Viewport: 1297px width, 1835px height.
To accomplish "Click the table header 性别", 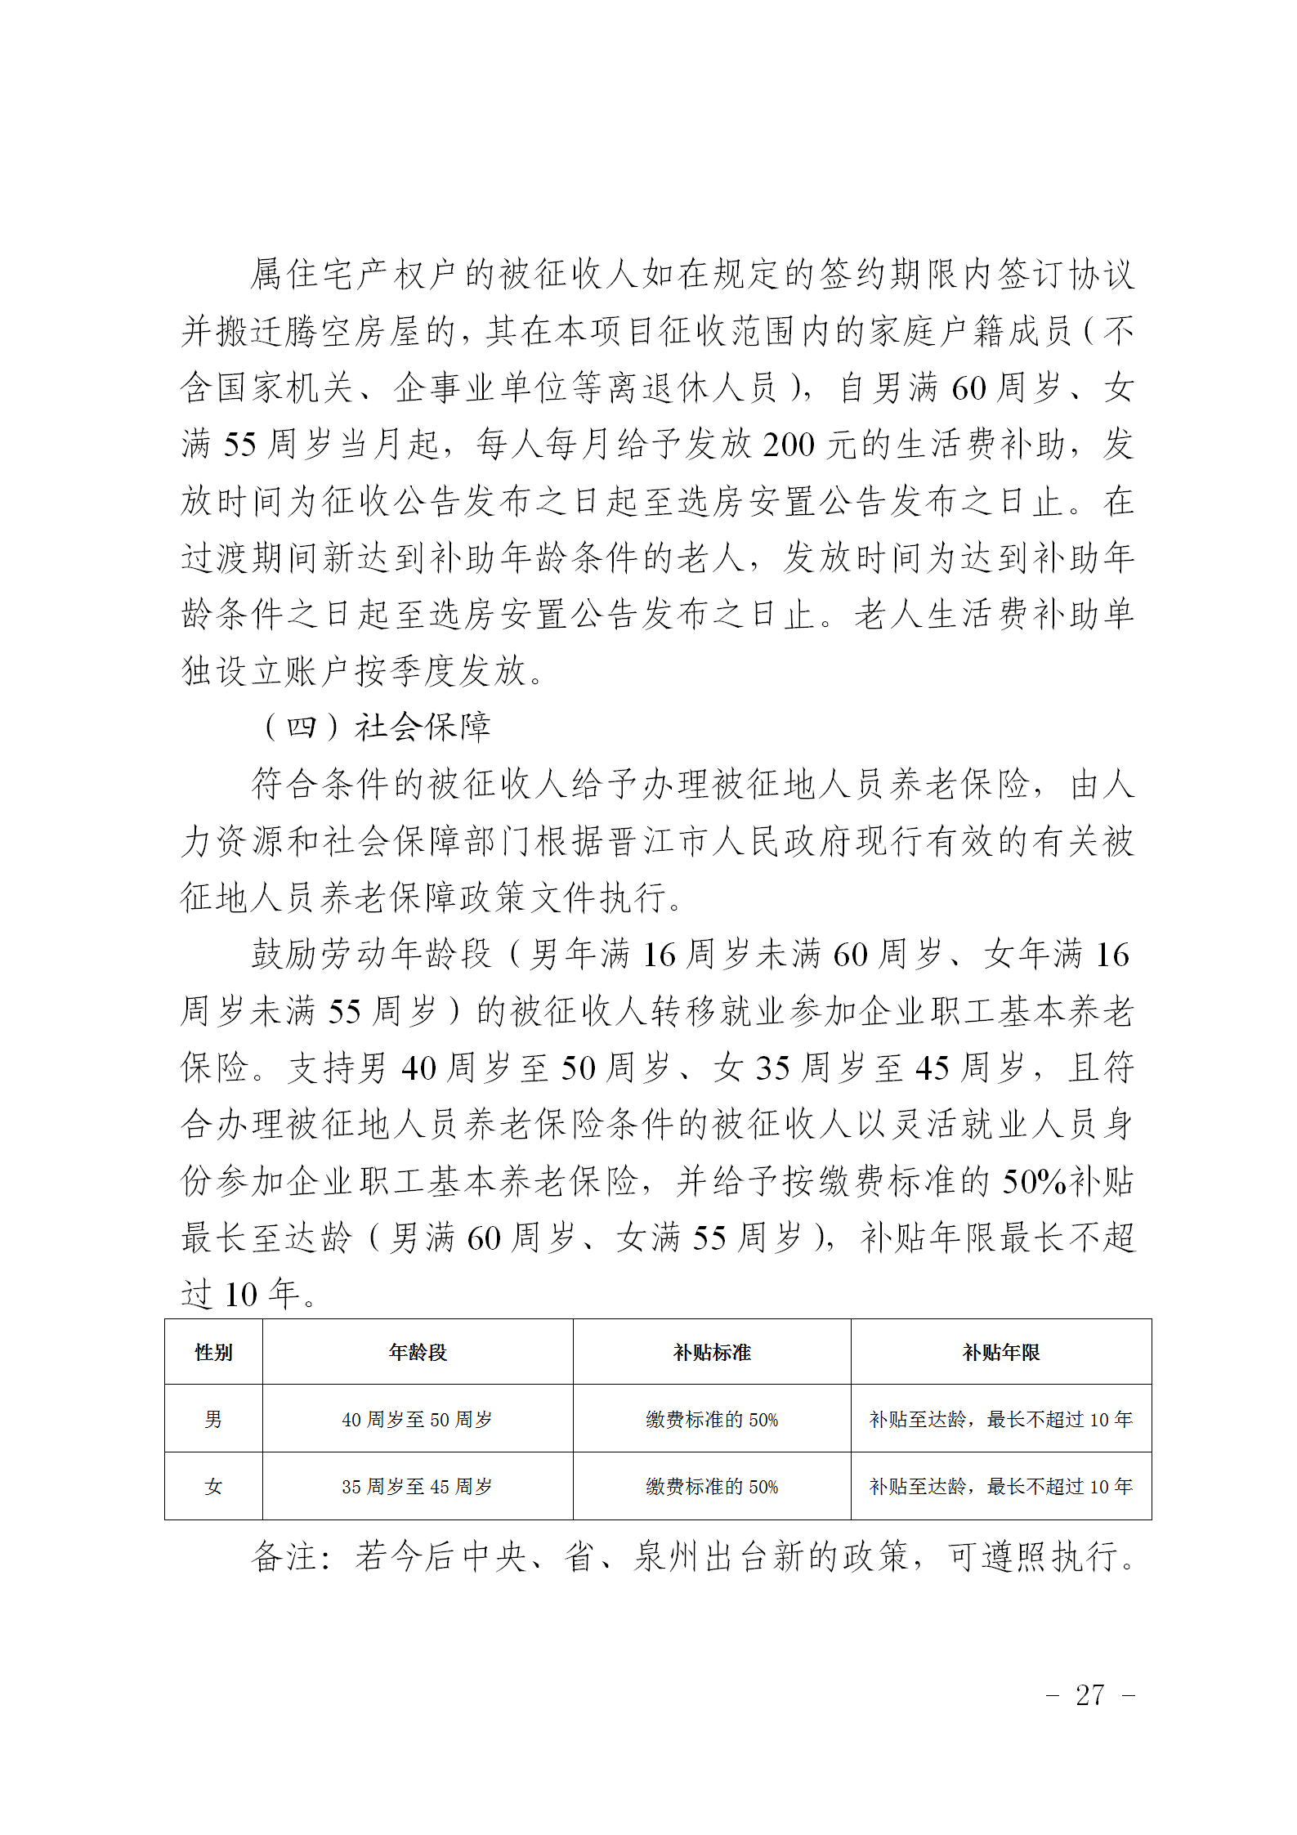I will (213, 1353).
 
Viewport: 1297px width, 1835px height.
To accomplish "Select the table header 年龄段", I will (418, 1353).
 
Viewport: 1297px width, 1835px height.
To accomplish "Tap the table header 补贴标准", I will (712, 1353).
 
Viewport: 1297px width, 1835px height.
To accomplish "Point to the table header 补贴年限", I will (1001, 1353).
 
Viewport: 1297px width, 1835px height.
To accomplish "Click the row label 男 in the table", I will (213, 1419).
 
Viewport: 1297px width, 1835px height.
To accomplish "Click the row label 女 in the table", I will (213, 1486).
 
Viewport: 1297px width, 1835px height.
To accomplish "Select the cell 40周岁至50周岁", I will (418, 1420).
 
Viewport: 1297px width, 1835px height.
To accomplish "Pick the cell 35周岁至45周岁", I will (418, 1487).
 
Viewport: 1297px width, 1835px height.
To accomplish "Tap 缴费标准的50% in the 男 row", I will (712, 1420).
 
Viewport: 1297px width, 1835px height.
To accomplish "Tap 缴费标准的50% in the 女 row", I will (712, 1487).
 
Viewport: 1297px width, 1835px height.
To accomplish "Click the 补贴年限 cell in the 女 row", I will (1001, 1487).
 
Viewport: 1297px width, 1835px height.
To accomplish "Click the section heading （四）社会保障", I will (376, 727).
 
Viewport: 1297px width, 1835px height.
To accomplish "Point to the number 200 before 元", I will (789, 445).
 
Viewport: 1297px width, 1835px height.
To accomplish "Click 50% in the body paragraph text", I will (1034, 1182).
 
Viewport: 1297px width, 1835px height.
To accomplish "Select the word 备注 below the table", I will (284, 1556).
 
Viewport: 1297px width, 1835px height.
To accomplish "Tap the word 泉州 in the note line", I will (668, 1556).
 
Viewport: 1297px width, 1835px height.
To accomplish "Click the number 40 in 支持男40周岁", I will (419, 1068).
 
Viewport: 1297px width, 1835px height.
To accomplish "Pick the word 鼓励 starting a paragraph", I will (285, 955).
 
